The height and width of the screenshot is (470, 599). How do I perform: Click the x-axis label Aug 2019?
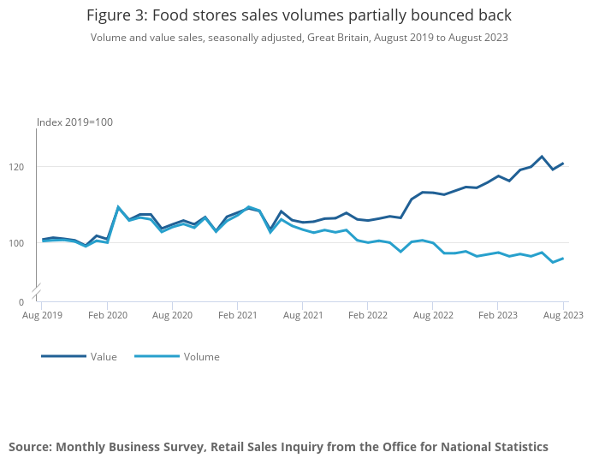pyautogui.click(x=42, y=315)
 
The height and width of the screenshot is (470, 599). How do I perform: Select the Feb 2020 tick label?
pyautogui.click(x=107, y=315)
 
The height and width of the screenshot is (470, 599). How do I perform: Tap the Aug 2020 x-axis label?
pyautogui.click(x=172, y=315)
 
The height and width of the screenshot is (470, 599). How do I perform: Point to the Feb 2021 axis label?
pyautogui.click(x=237, y=315)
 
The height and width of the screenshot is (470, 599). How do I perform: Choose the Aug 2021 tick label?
pyautogui.click(x=303, y=315)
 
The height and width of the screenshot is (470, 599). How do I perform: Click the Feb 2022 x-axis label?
pyautogui.click(x=367, y=315)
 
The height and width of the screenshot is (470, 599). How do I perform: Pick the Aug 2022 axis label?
pyautogui.click(x=432, y=315)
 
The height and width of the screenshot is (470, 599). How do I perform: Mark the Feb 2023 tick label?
pyautogui.click(x=497, y=315)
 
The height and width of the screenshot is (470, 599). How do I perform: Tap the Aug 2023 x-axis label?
pyautogui.click(x=562, y=315)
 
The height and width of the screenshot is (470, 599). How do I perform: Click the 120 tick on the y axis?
pyautogui.click(x=27, y=167)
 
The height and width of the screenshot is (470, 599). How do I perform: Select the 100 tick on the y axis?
pyautogui.click(x=27, y=243)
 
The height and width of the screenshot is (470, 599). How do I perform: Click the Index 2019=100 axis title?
pyautogui.click(x=74, y=122)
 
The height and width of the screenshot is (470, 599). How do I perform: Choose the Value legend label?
pyautogui.click(x=104, y=357)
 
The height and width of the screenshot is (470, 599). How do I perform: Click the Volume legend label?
pyautogui.click(x=201, y=357)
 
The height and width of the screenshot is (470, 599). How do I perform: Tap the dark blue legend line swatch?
pyautogui.click(x=63, y=356)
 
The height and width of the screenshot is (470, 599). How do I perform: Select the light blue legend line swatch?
pyautogui.click(x=157, y=356)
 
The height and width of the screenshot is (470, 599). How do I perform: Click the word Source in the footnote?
pyautogui.click(x=30, y=447)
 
